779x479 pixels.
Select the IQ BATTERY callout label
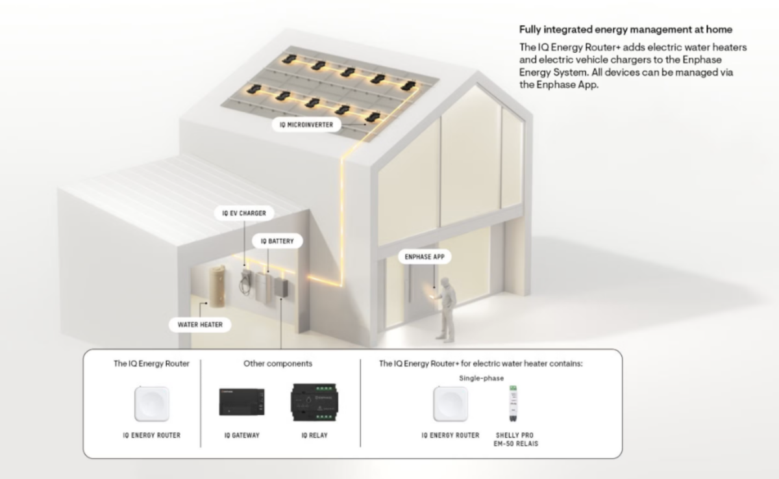[277, 241]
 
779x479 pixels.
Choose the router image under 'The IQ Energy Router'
[151, 404]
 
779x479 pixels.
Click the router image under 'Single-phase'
[450, 404]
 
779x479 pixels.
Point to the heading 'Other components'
[278, 364]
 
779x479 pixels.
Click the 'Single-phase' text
[481, 378]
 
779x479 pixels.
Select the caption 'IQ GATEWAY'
[240, 435]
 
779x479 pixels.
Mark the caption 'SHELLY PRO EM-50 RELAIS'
[517, 439]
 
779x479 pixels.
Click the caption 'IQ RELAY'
[314, 435]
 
